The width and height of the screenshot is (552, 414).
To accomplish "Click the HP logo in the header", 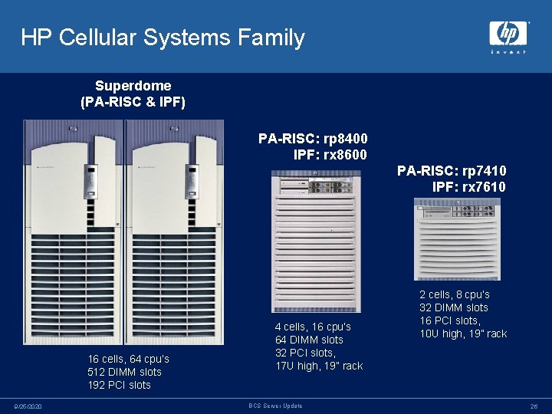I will [508, 35].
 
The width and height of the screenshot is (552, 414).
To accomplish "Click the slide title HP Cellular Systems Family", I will [163, 38].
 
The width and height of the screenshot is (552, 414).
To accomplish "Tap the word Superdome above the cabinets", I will [133, 86].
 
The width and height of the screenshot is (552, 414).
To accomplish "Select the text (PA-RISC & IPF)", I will [133, 101].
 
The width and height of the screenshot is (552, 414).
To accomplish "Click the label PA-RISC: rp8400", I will [313, 139].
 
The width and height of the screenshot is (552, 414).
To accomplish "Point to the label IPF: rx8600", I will [330, 155].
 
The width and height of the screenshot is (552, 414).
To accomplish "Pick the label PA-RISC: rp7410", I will [452, 171].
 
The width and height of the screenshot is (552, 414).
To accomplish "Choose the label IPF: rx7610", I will [468, 187].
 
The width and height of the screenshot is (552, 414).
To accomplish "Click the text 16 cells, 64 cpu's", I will [128, 359].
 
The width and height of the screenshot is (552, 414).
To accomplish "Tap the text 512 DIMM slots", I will [124, 372].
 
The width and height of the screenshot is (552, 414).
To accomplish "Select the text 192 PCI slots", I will [119, 385].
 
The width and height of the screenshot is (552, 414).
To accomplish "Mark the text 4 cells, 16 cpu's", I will [313, 327].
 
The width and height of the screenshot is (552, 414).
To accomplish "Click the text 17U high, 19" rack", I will [319, 366].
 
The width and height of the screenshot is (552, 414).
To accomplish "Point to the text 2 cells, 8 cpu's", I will [454, 294].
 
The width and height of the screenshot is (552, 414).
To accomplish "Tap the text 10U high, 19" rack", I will [463, 333].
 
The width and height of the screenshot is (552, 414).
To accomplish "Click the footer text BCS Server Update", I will [275, 406].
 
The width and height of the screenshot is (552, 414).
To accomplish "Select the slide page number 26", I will [534, 406].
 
